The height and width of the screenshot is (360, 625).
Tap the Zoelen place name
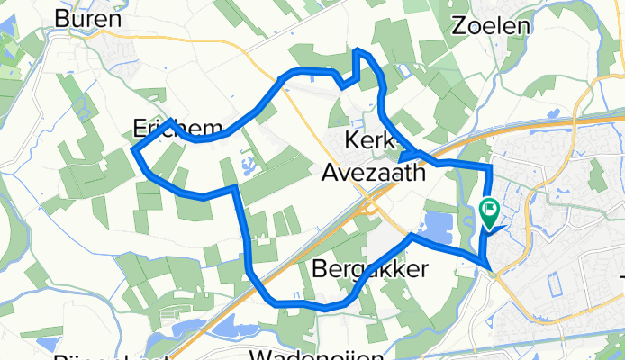(492, 25)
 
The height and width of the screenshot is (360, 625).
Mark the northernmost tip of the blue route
(358, 50)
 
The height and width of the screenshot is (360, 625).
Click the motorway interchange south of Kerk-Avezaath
(367, 209)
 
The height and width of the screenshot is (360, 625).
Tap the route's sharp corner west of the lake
(411, 236)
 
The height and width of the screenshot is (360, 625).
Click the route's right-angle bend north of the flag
(490, 167)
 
